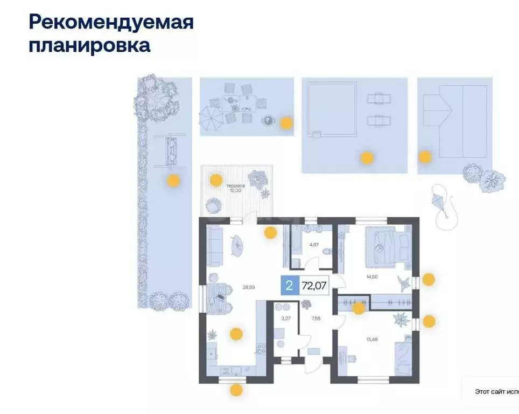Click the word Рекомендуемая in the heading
tap(110, 23)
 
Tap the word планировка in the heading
tap(89, 45)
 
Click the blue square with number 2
tap(289, 286)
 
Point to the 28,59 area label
tap(248, 287)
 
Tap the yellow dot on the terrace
tap(216, 180)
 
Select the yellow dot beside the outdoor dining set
tap(286, 123)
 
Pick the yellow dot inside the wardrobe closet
tap(358, 308)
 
